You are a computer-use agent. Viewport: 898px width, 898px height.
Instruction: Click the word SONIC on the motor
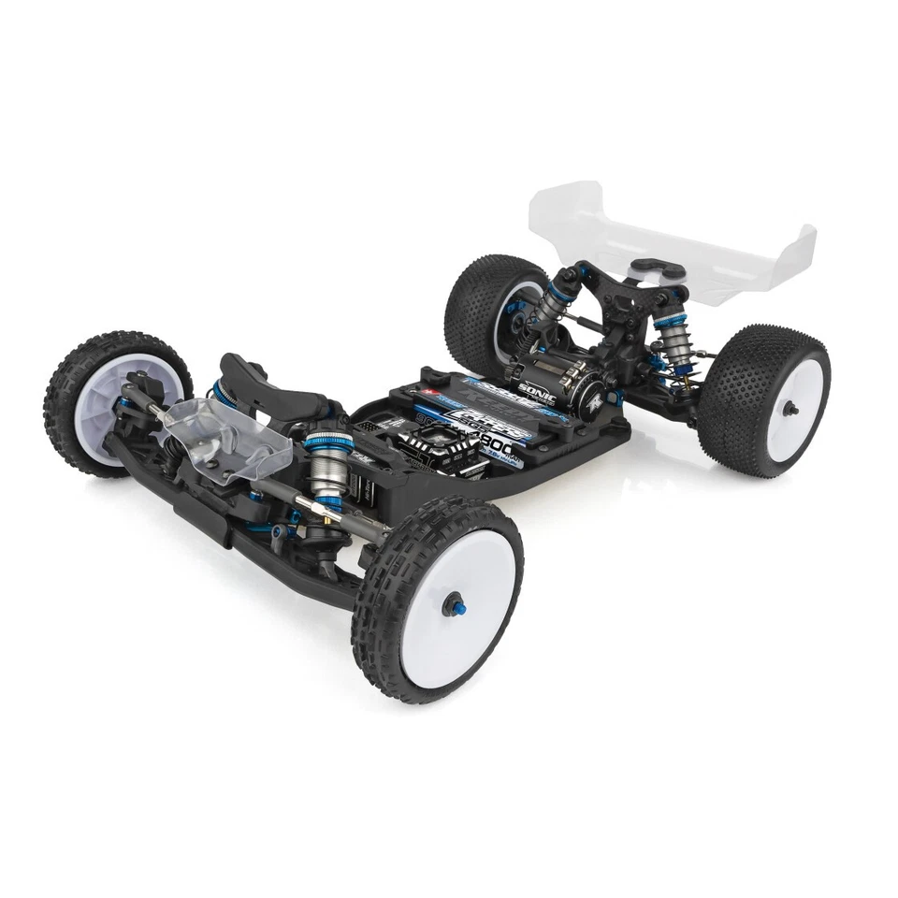click(x=537, y=389)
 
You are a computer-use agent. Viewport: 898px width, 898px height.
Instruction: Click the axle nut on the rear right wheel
click(x=790, y=407)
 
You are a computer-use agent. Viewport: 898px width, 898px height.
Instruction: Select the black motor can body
click(x=552, y=369)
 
